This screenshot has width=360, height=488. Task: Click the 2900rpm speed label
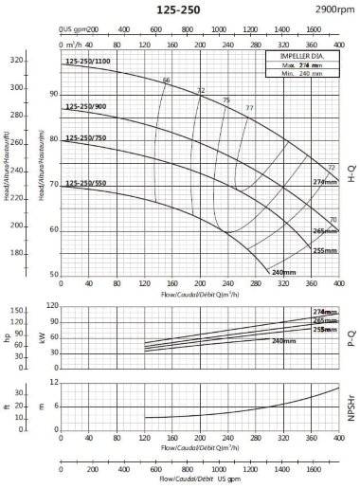(x=331, y=9)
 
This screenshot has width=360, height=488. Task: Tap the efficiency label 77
(x=249, y=108)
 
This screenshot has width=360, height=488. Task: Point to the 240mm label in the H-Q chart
(x=283, y=272)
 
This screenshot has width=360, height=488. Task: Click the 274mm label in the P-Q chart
(x=324, y=312)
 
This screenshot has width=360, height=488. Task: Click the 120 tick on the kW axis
(x=52, y=306)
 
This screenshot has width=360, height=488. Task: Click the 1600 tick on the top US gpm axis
(x=315, y=29)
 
